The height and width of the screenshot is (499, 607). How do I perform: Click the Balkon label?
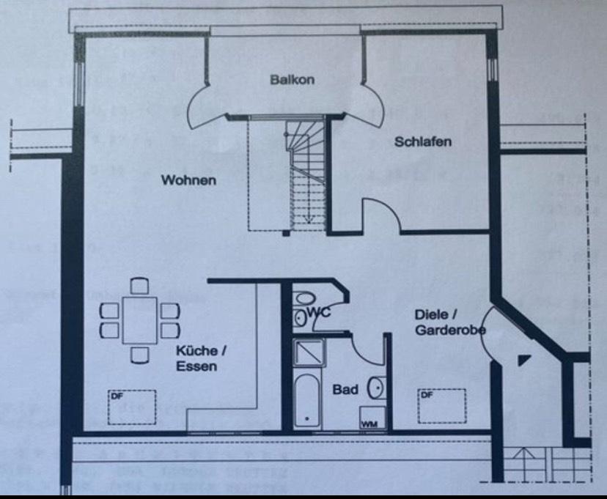pos(292,79)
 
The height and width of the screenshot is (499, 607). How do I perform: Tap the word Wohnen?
pos(189,180)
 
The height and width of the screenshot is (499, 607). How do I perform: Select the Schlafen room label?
pos(423,141)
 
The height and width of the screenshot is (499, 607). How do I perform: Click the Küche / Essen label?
pos(196,358)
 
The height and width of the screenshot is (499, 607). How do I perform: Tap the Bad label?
pos(345,389)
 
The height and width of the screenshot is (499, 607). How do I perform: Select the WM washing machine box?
pos(368,423)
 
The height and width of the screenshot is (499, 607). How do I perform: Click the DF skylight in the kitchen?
pos(133,407)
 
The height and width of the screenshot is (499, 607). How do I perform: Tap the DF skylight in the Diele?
pos(442,405)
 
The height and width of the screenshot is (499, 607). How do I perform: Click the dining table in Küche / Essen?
pos(139,319)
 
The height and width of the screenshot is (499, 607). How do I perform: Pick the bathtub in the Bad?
pos(306,402)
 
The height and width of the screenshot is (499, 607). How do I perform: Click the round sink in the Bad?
pos(376,387)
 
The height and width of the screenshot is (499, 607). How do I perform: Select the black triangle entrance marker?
pos(523,360)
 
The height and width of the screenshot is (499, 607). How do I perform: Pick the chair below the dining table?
pos(139,355)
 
